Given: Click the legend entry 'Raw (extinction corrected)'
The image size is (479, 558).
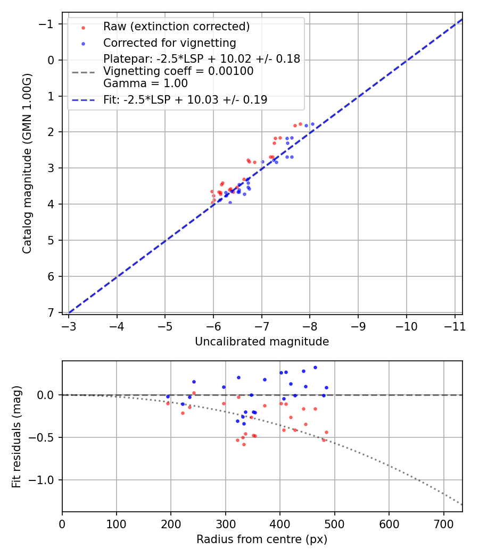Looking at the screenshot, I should (176, 27).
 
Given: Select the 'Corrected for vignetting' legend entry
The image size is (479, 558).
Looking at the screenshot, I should (169, 43).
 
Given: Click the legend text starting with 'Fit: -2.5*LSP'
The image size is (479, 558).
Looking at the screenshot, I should (185, 99).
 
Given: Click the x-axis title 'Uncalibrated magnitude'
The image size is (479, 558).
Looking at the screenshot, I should (262, 342).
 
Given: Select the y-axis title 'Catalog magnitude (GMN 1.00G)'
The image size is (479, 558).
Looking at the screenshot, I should (28, 164).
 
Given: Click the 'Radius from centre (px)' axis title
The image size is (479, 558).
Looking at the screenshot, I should (262, 539).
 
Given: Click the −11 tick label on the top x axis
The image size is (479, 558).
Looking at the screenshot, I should (455, 325).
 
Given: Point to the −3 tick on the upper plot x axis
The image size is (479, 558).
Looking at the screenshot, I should (69, 325).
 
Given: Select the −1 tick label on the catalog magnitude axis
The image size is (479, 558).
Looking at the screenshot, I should (48, 24).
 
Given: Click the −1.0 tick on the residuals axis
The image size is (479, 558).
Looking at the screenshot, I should (45, 480).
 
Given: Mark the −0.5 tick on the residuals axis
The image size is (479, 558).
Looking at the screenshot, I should (45, 437).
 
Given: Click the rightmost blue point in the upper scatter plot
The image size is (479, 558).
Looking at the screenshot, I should (312, 124).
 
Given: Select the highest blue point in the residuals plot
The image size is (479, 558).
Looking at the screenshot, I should (315, 367).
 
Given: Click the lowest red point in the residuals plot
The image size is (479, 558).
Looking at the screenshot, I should (244, 444).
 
